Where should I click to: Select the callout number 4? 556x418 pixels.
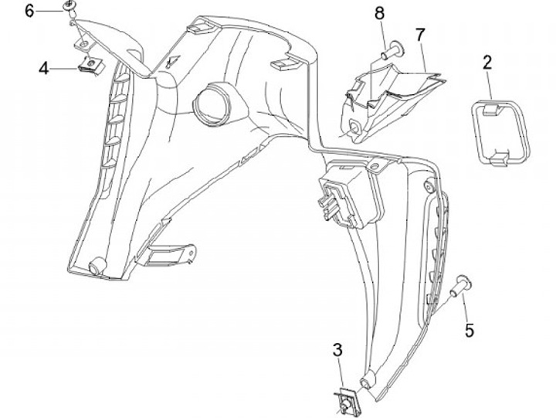44,68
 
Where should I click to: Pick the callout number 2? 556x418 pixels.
488,62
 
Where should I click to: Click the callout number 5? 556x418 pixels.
469,331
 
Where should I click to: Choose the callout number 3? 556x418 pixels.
337,350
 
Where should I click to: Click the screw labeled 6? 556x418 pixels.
71,8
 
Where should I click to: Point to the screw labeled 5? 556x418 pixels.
460,286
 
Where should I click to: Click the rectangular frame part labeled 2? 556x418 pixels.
500,132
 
